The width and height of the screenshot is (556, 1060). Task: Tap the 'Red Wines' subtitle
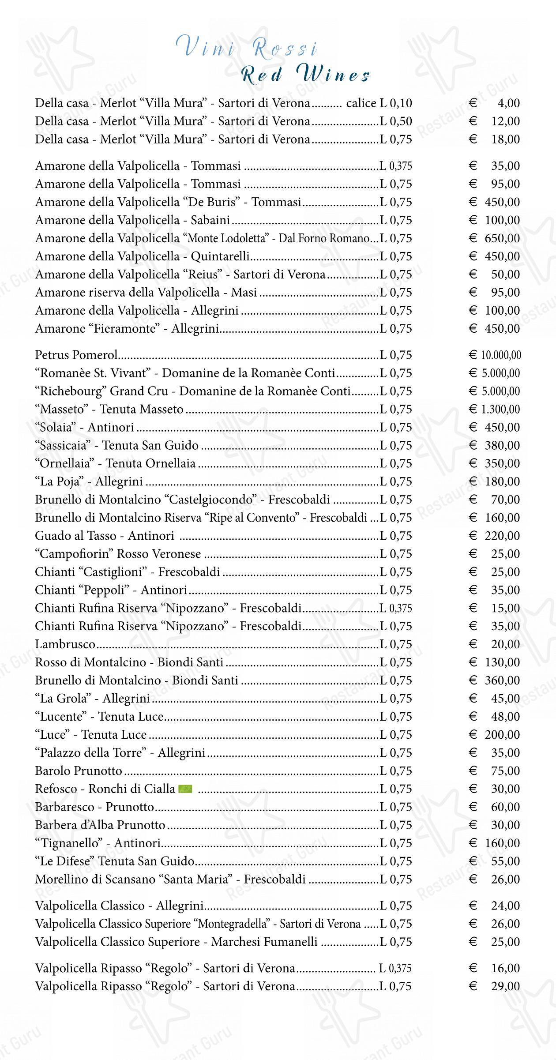pyautogui.click(x=306, y=75)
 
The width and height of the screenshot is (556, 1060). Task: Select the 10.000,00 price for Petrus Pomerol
pyautogui.click(x=500, y=355)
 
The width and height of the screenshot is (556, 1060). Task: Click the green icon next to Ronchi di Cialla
pyautogui.click(x=185, y=789)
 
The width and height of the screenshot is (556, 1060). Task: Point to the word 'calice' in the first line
pyautogui.click(x=361, y=103)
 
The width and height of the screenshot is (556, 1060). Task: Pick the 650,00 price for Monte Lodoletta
pyautogui.click(x=502, y=238)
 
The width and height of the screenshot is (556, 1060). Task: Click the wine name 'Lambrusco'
pyautogui.click(x=65, y=644)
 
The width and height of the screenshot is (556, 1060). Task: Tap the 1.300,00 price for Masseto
pyautogui.click(x=500, y=409)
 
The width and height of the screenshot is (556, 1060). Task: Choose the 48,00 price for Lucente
pyautogui.click(x=506, y=717)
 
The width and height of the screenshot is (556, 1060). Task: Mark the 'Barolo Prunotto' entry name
pyautogui.click(x=79, y=771)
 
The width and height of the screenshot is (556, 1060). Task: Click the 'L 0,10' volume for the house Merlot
pyautogui.click(x=396, y=103)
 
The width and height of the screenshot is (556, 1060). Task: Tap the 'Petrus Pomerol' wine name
pyautogui.click(x=76, y=355)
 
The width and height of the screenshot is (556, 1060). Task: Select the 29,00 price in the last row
pyautogui.click(x=506, y=986)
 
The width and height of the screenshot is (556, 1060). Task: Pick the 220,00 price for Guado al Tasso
pyautogui.click(x=502, y=536)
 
